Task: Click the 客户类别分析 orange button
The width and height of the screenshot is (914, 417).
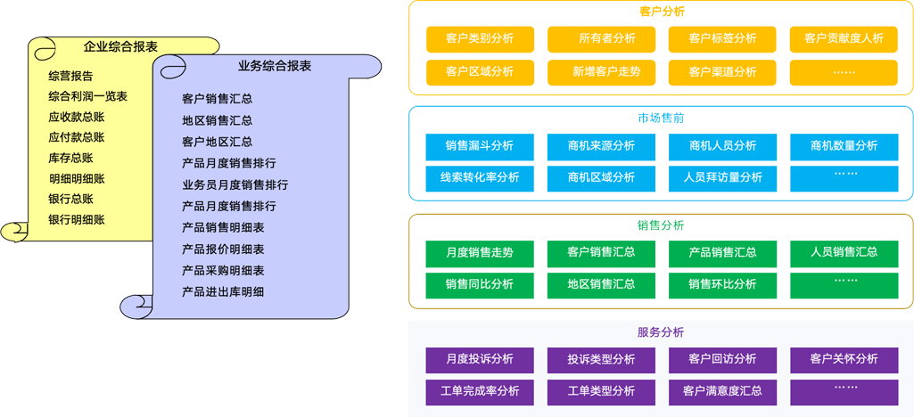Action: coord(480,38)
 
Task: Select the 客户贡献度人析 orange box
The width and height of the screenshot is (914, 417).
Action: coord(844,38)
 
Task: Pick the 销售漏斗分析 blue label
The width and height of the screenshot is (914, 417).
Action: coord(480,145)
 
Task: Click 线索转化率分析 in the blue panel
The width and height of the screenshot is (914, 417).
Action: coord(480,177)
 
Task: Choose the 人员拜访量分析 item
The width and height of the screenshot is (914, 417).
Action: coord(722,177)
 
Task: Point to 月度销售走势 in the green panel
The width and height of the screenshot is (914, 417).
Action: coord(480,252)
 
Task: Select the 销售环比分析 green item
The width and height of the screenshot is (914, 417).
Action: coord(722,284)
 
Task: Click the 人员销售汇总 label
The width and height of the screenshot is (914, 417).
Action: coord(844,252)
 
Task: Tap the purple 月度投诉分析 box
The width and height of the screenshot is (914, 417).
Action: coord(480,359)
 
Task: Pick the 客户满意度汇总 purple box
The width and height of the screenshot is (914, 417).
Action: coord(722,391)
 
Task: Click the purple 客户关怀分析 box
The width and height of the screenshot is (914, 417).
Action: coord(844,359)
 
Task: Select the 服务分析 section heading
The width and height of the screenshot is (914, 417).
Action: coord(661,332)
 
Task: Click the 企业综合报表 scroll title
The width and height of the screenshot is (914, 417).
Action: coord(120,46)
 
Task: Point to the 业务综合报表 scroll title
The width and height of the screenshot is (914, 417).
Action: coord(275,66)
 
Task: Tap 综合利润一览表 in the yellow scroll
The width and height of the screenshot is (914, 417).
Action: coord(87,96)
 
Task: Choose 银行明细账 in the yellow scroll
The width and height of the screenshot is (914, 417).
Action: coord(77,219)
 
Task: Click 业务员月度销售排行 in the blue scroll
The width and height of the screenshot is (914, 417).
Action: coord(235,184)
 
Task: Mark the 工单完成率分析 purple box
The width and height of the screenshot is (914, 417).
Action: coord(480,391)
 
